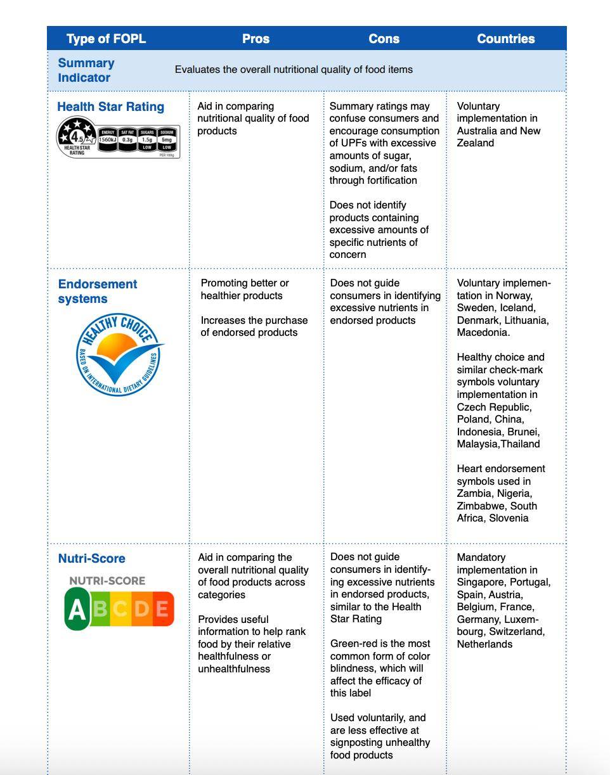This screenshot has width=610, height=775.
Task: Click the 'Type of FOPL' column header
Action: click(106, 39)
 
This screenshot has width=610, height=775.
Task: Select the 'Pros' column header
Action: click(256, 39)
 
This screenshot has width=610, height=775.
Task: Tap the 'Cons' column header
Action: click(384, 39)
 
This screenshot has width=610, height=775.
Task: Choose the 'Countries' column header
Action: click(505, 39)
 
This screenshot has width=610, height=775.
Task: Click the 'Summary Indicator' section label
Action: click(86, 70)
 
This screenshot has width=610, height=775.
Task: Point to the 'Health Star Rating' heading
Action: click(111, 106)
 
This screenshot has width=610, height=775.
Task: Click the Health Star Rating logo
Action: click(119, 138)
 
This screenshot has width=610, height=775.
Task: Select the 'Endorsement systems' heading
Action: click(97, 291)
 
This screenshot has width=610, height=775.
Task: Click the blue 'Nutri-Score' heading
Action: click(91, 558)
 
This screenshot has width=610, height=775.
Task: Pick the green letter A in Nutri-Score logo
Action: click(77, 609)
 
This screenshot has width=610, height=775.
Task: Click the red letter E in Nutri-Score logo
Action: click(162, 609)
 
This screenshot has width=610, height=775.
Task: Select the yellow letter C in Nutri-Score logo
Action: click(120, 609)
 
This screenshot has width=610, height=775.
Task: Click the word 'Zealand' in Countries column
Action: click(475, 143)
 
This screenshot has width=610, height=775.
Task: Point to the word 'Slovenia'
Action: click(509, 518)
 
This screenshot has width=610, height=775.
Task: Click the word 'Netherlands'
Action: click(484, 644)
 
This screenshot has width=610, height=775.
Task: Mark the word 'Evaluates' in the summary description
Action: click(197, 70)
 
